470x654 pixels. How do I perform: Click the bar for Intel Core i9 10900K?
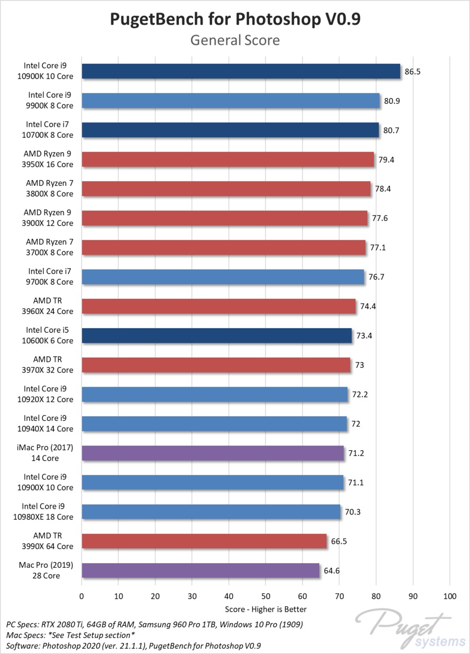(x=240, y=72)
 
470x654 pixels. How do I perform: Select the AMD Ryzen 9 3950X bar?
(x=228, y=159)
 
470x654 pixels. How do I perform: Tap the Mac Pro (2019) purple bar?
(x=201, y=570)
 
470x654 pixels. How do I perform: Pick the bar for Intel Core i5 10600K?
(x=217, y=335)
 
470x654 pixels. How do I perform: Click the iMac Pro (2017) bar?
(x=213, y=453)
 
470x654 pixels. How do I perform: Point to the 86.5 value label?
(x=412, y=72)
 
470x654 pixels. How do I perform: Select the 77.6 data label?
(x=379, y=218)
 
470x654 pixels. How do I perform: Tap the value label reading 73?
(x=359, y=365)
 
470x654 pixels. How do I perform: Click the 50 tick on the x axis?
(x=266, y=596)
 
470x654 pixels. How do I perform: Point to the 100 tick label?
(x=450, y=596)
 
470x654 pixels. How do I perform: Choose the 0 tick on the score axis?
(x=81, y=596)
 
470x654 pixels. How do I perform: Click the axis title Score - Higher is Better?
(x=266, y=609)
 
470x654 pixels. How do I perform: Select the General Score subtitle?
(x=235, y=40)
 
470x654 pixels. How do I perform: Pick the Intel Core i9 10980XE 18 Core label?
(x=48, y=511)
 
